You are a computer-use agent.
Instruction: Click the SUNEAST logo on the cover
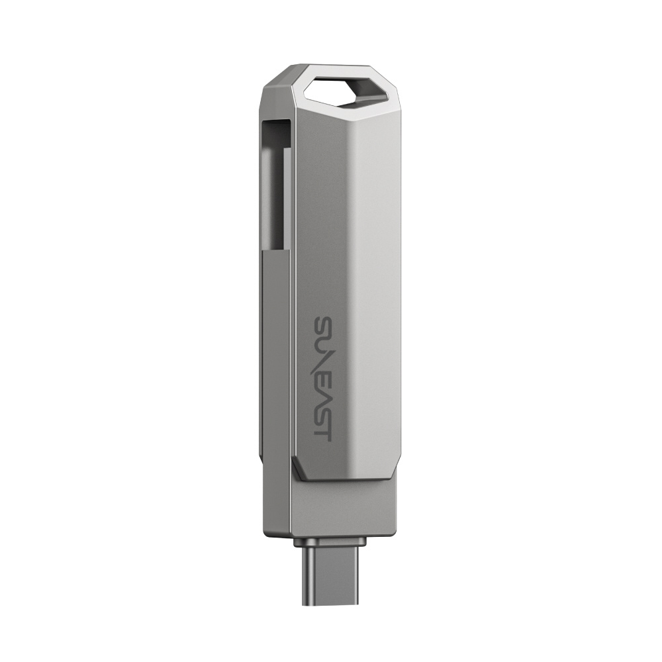323,378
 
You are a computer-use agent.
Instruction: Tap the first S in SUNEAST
323,325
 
